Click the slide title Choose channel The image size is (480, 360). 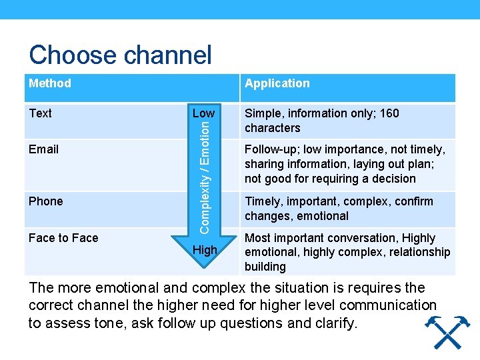pyautogui.click(x=120, y=55)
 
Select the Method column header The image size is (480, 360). pyautogui.click(x=50, y=83)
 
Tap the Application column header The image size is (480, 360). pyautogui.click(x=277, y=83)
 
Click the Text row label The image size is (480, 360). pyautogui.click(x=41, y=113)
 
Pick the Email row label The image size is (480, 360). pyautogui.click(x=44, y=149)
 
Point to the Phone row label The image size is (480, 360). pyautogui.click(x=46, y=201)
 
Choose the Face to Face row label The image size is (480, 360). pyautogui.click(x=63, y=238)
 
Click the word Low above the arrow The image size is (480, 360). pyautogui.click(x=203, y=113)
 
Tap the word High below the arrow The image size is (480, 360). pyautogui.click(x=205, y=251)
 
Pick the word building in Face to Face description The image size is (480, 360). pyautogui.click(x=265, y=267)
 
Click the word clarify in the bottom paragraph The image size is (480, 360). pyautogui.click(x=335, y=324)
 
